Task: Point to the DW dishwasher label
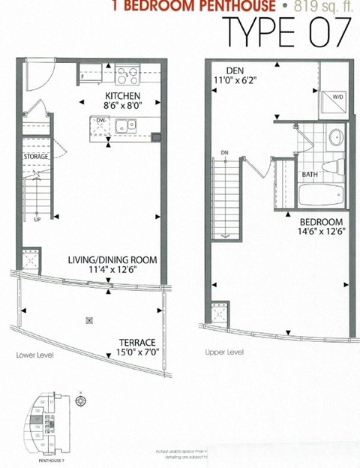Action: [x=100, y=119]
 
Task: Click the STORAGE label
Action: [x=36, y=156]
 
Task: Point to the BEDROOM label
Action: [x=321, y=223]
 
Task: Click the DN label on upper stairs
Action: [x=224, y=153]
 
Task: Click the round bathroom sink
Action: [x=336, y=137]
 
